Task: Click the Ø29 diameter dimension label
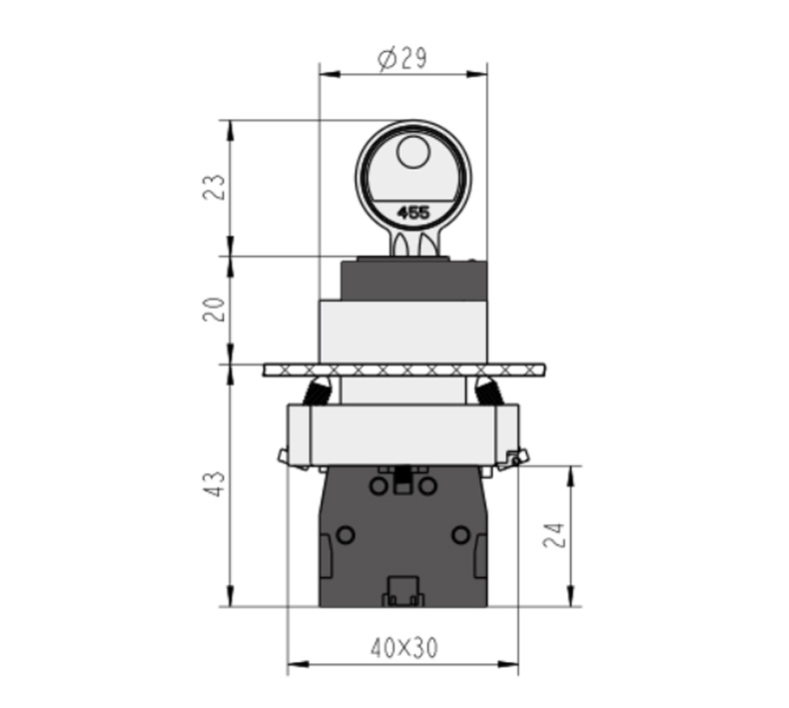(x=402, y=58)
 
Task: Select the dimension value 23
(x=214, y=187)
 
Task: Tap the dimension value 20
(x=214, y=310)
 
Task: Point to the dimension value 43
(x=214, y=484)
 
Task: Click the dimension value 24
(x=554, y=535)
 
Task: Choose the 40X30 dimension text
(x=404, y=648)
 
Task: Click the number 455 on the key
(x=413, y=213)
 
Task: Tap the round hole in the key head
(x=413, y=152)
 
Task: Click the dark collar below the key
(x=413, y=281)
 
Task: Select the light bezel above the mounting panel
(x=403, y=332)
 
